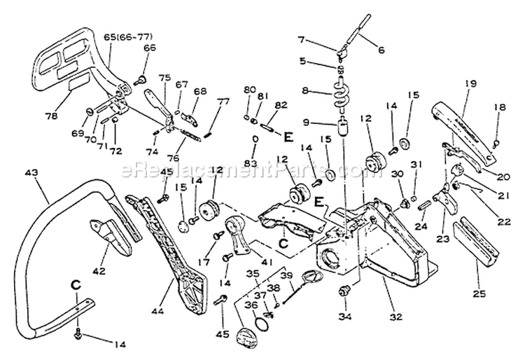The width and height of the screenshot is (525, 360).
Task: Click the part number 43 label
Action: click(31, 172)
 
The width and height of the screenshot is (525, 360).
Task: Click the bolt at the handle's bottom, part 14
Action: click(79, 331)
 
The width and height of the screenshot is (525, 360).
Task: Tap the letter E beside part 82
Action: click(287, 134)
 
